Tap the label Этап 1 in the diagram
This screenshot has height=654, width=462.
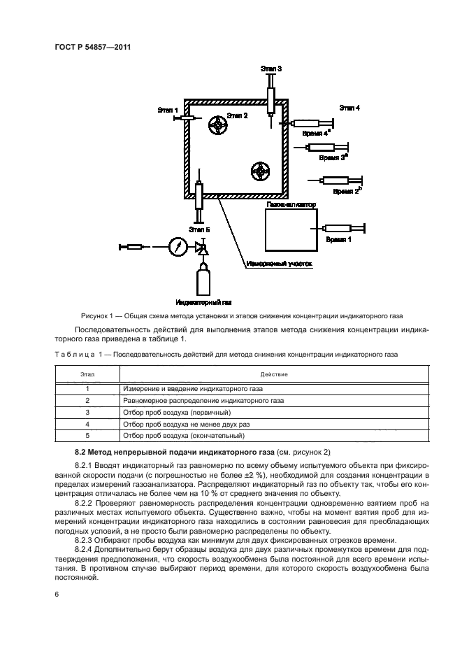coord(168,110)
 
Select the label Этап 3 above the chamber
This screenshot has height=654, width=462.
coord(270,69)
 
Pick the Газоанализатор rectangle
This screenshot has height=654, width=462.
coord(290,232)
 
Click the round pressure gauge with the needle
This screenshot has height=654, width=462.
coord(178,246)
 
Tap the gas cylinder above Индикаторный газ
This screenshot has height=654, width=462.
coord(203,277)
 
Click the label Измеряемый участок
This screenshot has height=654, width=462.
coord(277,264)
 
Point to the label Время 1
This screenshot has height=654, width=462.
coord(339,239)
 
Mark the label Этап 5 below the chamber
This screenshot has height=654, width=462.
coord(198,229)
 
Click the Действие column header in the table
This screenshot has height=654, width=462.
coord(274,374)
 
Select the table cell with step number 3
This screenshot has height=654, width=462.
coord(88,413)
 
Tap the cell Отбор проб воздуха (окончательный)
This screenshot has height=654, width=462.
coord(183,436)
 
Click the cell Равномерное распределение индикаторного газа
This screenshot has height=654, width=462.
coord(203,401)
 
